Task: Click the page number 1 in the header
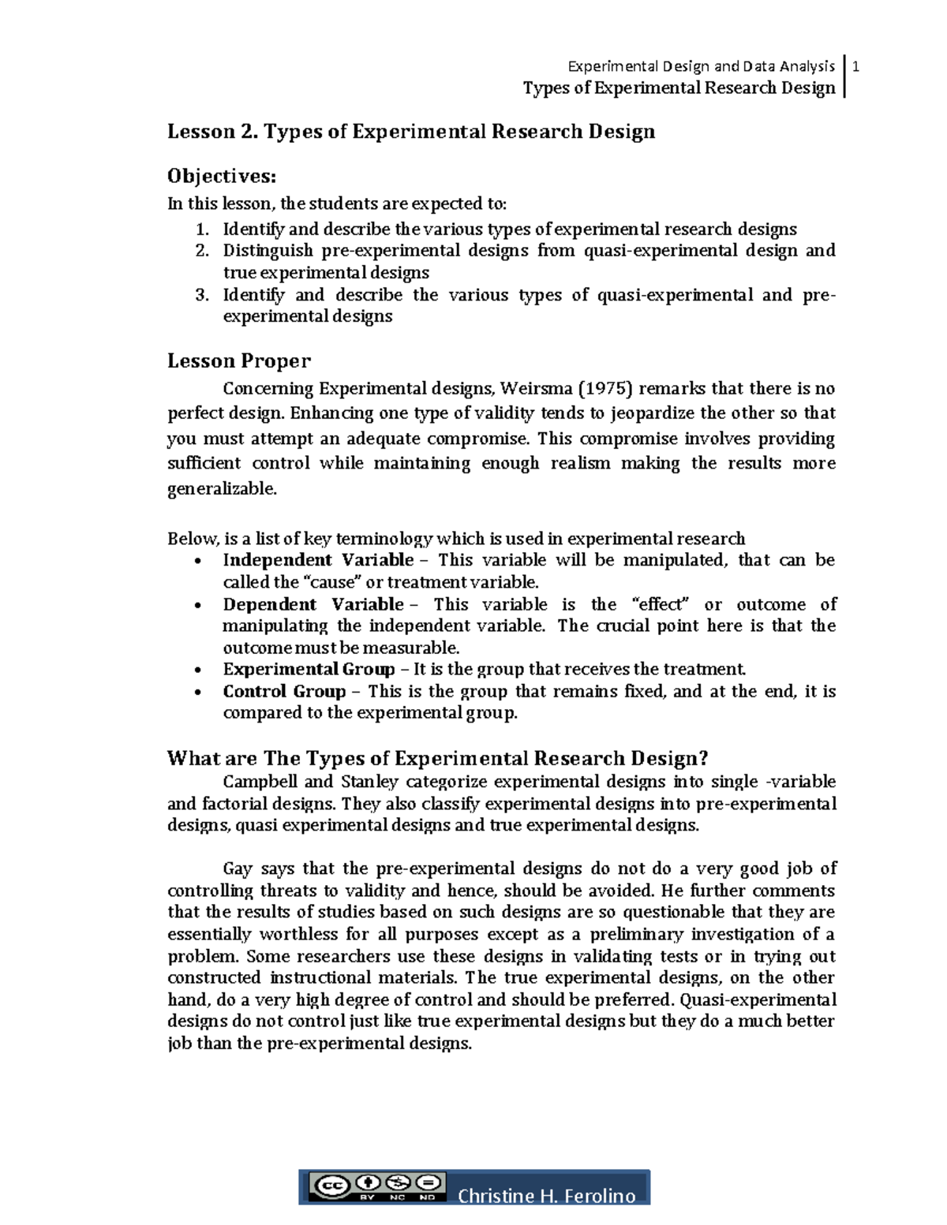click(855, 67)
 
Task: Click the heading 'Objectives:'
click(222, 176)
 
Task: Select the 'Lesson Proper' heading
click(239, 361)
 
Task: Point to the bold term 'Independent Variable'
click(318, 560)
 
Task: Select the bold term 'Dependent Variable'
click(313, 604)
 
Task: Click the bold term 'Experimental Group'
click(309, 670)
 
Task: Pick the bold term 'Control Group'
click(284, 692)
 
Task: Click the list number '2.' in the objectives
click(203, 251)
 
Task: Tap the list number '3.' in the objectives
click(203, 295)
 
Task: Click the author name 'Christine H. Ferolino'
click(546, 1196)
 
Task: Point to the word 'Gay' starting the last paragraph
click(238, 868)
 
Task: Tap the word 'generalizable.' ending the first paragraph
click(223, 489)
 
